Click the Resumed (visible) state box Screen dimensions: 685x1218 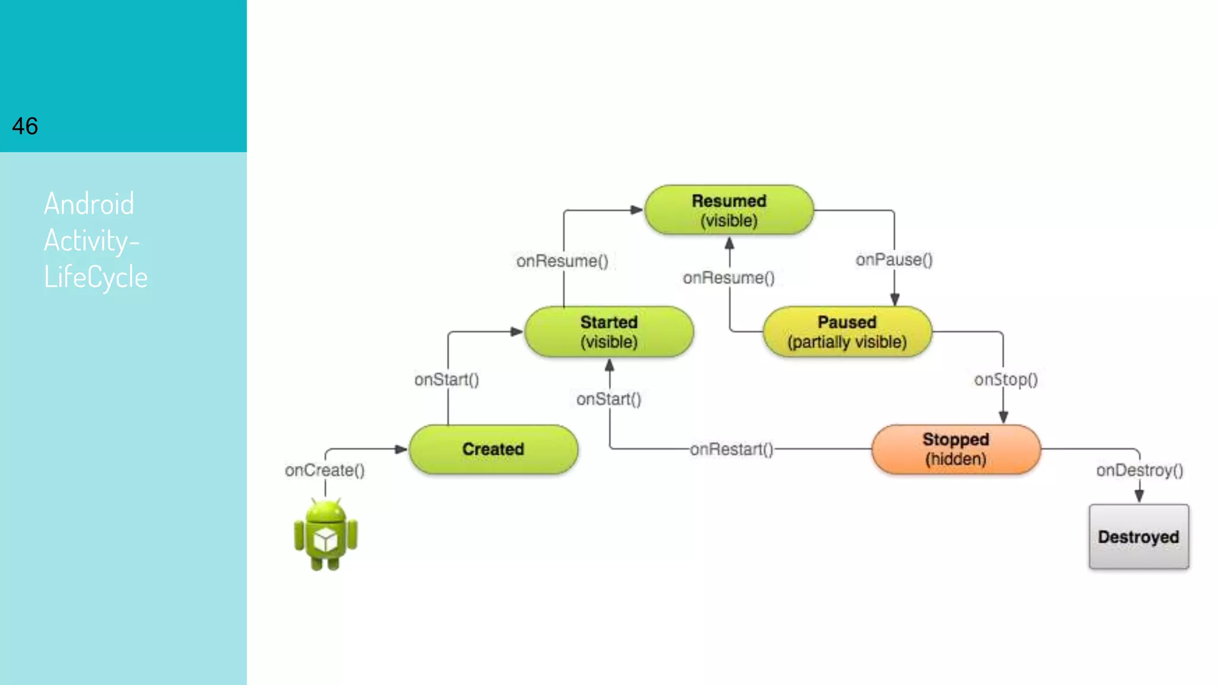click(x=729, y=210)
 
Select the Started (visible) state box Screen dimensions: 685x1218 click(x=609, y=332)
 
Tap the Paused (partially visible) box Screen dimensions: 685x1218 click(x=847, y=332)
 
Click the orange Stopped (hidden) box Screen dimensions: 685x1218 click(x=956, y=449)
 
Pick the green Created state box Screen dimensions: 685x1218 click(x=493, y=449)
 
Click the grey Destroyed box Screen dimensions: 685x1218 click(x=1138, y=536)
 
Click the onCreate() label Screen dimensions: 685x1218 click(x=325, y=470)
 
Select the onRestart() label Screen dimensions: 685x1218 click(x=732, y=450)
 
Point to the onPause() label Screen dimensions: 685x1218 click(x=894, y=260)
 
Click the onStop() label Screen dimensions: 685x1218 click(x=1006, y=379)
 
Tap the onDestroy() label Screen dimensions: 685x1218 click(x=1139, y=470)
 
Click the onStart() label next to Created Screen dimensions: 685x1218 click(x=447, y=379)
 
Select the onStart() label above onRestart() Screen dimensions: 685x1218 click(x=609, y=399)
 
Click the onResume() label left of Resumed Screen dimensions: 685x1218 click(x=562, y=261)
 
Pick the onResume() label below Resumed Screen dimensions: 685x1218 click(x=729, y=278)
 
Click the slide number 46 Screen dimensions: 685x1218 click(x=25, y=126)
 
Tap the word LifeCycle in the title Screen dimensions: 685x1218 click(x=96, y=277)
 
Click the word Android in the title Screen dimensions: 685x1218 click(x=89, y=204)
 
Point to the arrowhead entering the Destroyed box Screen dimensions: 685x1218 click(x=1139, y=497)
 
